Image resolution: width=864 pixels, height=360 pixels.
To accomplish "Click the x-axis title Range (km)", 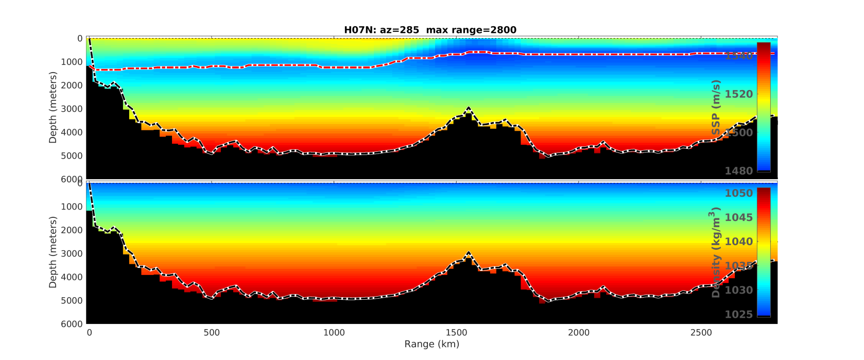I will tap(431, 344).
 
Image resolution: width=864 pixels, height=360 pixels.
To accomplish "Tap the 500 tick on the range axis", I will tap(212, 333).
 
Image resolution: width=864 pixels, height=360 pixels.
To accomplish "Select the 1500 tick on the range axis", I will tap(456, 333).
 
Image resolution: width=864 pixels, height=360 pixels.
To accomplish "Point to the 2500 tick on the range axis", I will tap(701, 333).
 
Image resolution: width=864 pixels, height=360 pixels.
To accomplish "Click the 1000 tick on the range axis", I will tap(334, 333).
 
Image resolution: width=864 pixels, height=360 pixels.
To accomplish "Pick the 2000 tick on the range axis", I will tap(579, 333).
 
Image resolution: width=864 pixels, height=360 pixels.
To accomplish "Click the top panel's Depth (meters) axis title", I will tap(53, 107).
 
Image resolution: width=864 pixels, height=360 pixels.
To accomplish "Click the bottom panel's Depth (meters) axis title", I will tap(53, 252).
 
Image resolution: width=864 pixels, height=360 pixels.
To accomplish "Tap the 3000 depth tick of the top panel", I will tap(73, 109).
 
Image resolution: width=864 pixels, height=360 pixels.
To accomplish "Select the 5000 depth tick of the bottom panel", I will tap(73, 301).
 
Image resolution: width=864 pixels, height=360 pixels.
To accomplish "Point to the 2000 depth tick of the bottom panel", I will tap(73, 230).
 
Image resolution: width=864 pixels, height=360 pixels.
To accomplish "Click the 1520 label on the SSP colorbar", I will tap(738, 94).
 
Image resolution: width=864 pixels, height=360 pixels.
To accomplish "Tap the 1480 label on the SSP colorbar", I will tap(738, 171).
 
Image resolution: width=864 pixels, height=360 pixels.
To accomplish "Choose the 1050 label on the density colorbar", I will tap(738, 193).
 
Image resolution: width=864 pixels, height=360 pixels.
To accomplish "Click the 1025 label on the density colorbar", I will tap(738, 314).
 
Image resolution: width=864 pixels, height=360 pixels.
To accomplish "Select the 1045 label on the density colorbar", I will tap(738, 217).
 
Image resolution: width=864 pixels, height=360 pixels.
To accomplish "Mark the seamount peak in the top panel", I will tap(469, 108).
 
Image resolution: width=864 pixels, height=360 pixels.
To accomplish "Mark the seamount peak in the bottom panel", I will tap(469, 252).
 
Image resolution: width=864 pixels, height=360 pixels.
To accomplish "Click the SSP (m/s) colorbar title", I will tap(716, 107).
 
